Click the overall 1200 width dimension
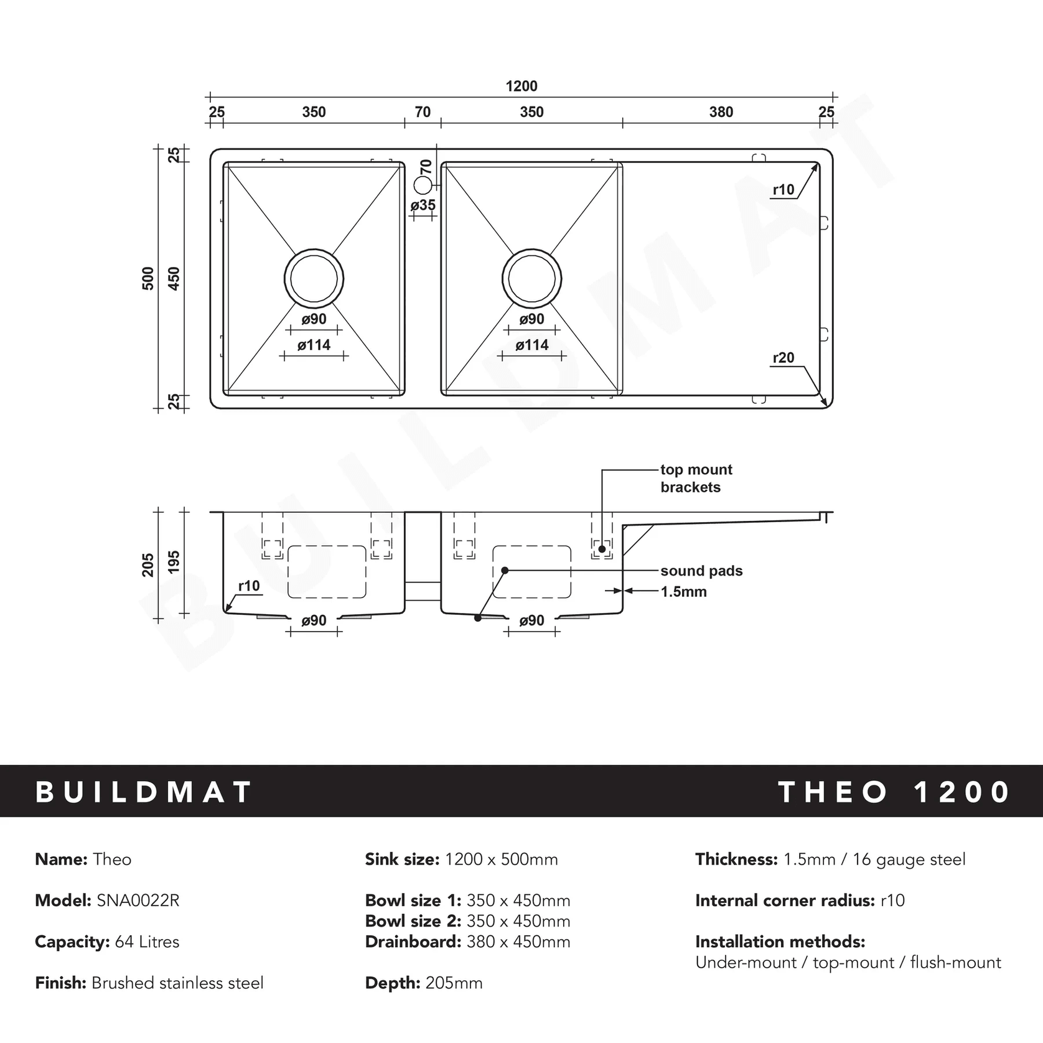click(x=521, y=86)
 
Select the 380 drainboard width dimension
click(x=721, y=112)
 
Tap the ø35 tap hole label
click(x=423, y=205)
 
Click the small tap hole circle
click(x=423, y=184)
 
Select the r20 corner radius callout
click(x=783, y=358)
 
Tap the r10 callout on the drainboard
click(x=783, y=190)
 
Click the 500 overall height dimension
click(x=148, y=278)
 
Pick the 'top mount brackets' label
click(x=696, y=478)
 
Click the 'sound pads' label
click(x=701, y=571)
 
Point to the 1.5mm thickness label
click(x=683, y=591)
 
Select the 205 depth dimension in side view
click(x=148, y=564)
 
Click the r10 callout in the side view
click(x=249, y=586)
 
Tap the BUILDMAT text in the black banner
click(x=144, y=792)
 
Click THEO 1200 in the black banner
click(x=894, y=792)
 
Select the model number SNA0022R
click(x=138, y=900)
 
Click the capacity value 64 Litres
click(x=147, y=942)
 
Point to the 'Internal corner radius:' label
click(x=785, y=900)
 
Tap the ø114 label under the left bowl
click(x=314, y=345)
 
